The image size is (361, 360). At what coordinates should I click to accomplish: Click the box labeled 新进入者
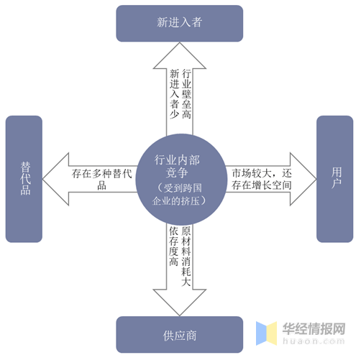pyautogui.click(x=180, y=22)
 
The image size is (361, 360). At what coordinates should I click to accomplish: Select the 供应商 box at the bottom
pyautogui.click(x=180, y=336)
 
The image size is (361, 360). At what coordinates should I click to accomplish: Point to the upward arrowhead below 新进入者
pyautogui.click(x=180, y=54)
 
